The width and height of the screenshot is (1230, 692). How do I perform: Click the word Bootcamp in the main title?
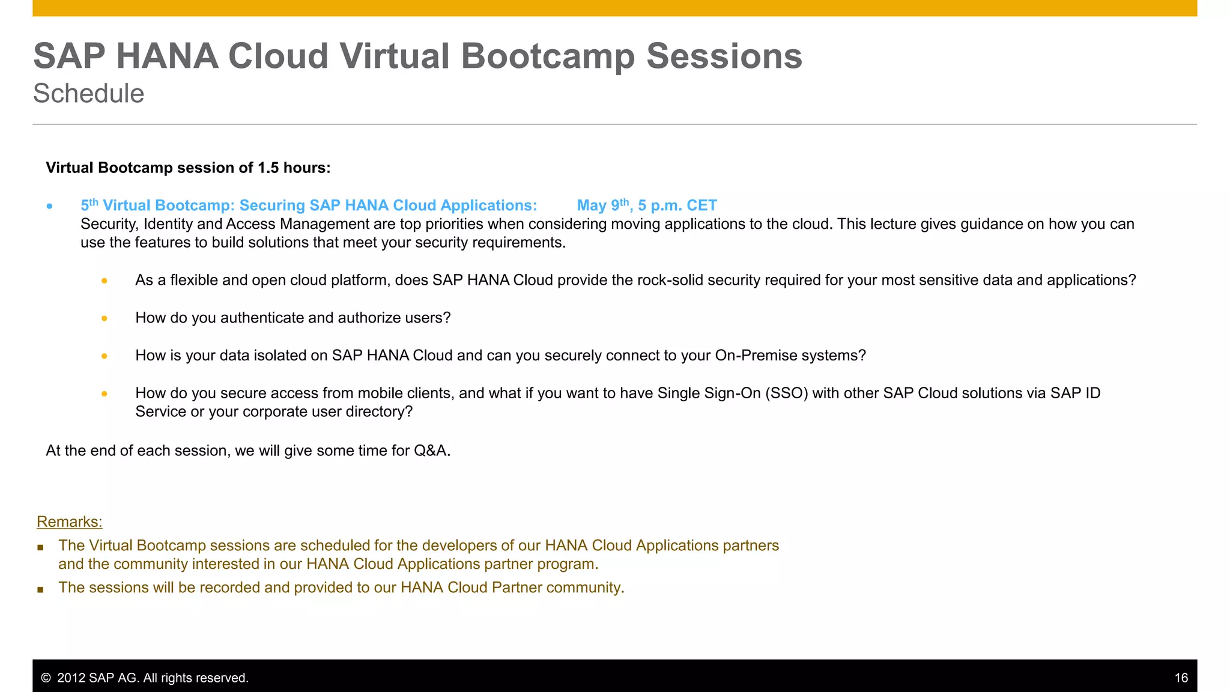point(547,56)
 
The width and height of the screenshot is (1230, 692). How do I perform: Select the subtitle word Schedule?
point(89,94)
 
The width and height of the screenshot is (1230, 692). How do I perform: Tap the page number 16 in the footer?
point(1181,678)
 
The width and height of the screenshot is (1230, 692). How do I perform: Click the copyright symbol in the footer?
point(46,678)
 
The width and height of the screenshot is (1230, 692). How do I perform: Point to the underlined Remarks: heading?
point(70,521)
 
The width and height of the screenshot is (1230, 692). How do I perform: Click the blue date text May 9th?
point(602,205)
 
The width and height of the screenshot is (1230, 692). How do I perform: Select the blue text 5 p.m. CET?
point(677,205)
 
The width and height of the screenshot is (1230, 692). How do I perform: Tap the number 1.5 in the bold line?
point(268,168)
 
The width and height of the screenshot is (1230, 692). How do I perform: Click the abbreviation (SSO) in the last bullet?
point(786,393)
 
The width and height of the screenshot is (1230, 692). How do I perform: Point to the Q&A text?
point(432,451)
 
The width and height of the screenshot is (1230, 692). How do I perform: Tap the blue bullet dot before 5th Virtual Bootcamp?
point(50,207)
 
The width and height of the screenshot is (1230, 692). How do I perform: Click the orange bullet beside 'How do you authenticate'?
point(105,318)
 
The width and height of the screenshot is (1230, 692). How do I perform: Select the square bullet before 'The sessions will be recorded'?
point(40,589)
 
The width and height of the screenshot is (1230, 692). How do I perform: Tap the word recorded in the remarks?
point(229,587)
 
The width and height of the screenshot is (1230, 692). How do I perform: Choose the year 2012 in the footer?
point(71,678)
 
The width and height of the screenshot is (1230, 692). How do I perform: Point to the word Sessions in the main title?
point(724,56)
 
